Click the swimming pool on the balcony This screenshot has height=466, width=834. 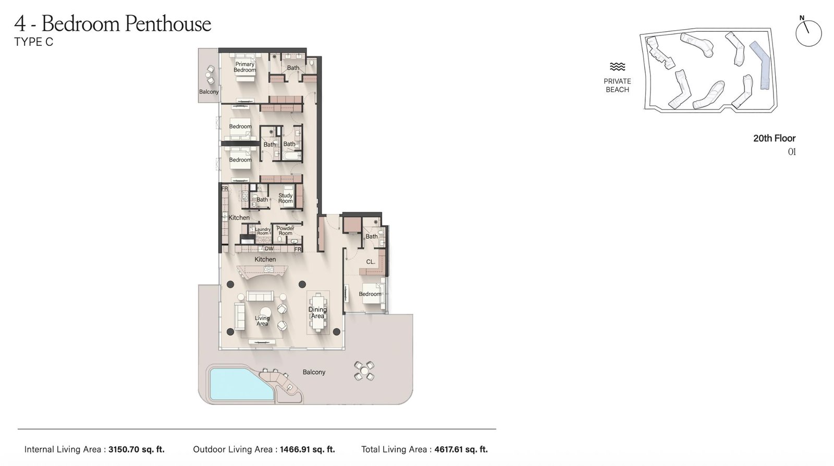237,383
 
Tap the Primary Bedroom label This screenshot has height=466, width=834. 244,67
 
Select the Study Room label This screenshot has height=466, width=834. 285,199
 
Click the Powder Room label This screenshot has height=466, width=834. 286,231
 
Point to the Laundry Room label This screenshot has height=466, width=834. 263,231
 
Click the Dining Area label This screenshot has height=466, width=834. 317,313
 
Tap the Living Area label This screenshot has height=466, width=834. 262,321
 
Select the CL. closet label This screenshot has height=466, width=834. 371,262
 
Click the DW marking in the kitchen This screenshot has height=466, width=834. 269,249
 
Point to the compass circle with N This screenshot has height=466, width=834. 808,33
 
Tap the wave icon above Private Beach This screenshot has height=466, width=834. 617,67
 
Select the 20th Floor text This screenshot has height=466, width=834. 774,138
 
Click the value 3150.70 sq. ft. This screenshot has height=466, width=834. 136,449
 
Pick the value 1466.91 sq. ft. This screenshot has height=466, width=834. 307,449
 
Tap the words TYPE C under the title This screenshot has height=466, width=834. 34,42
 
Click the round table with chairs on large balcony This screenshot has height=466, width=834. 364,371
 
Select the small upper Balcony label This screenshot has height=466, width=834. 208,92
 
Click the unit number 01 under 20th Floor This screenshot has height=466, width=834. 791,152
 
